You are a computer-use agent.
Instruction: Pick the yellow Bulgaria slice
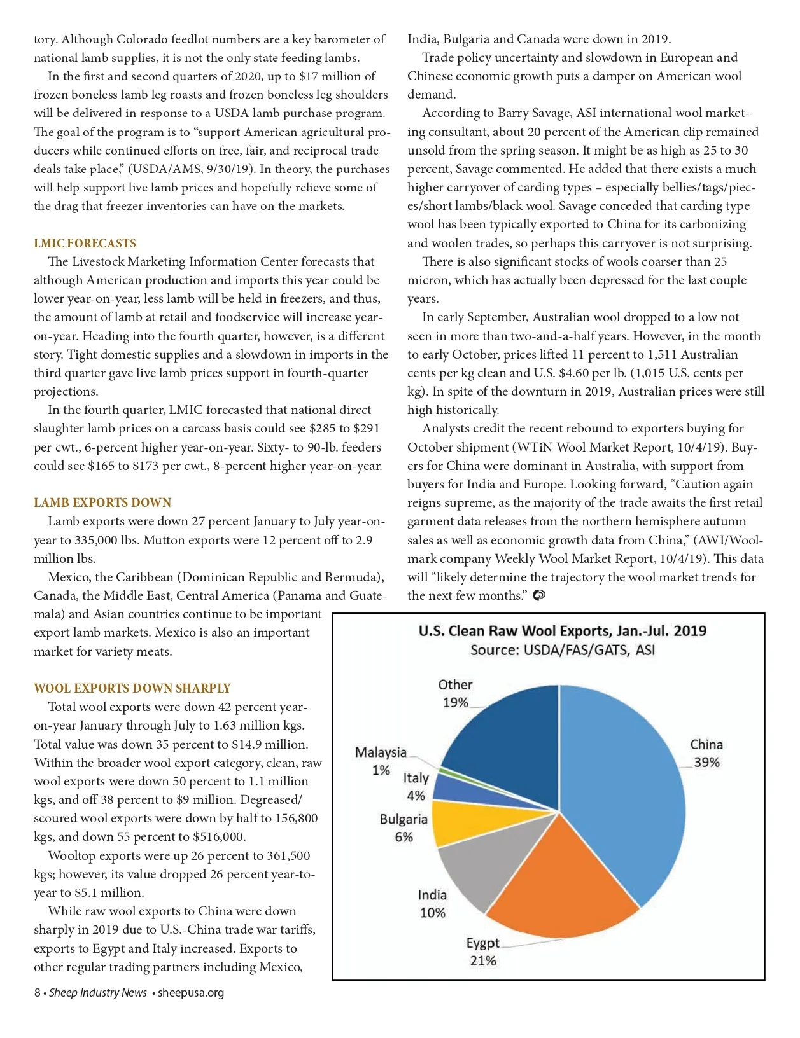tap(465, 822)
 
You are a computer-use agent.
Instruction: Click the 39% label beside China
tap(706, 762)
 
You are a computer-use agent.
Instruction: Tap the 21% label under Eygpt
tap(483, 960)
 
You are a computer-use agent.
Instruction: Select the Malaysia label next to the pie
tap(381, 752)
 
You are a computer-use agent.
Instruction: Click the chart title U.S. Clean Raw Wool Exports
tap(562, 631)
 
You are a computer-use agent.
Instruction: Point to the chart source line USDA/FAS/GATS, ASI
tap(562, 650)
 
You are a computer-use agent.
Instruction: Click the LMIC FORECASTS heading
tap(85, 243)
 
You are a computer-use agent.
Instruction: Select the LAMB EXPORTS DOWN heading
tap(102, 502)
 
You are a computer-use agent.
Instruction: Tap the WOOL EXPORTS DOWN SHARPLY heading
tap(132, 688)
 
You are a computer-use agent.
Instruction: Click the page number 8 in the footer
tap(38, 993)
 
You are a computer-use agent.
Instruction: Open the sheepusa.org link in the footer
tap(191, 993)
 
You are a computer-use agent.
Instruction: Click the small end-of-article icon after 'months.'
tap(538, 595)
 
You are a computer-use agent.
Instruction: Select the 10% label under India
tap(432, 913)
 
